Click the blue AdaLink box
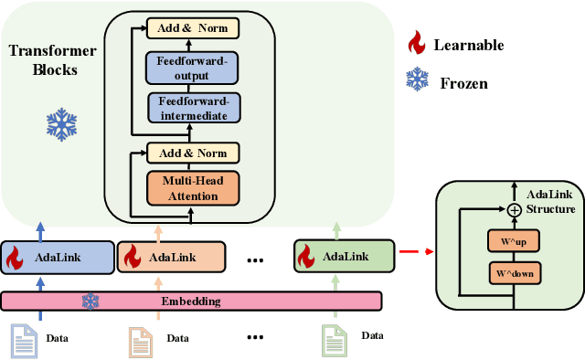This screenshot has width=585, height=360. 58,257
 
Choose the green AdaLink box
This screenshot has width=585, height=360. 343,257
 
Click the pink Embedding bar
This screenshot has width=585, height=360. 192,301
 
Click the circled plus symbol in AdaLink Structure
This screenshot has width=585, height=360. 515,209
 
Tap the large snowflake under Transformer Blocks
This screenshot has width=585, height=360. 61,124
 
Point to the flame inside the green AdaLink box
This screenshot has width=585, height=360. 304,258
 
